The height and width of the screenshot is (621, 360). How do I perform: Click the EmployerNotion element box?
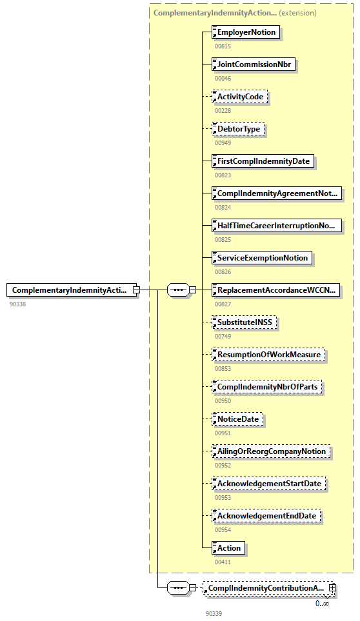246,32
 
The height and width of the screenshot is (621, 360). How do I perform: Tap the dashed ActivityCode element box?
241,97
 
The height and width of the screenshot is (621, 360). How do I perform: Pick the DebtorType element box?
239,129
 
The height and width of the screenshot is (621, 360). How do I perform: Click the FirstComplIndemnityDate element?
263,161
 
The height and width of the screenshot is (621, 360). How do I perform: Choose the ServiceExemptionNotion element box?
263,258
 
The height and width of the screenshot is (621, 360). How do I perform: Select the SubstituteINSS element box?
245,322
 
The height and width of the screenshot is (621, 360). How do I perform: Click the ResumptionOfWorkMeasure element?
268,355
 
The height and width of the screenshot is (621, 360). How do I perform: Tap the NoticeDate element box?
238,419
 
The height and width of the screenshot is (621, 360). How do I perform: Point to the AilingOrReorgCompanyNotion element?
271,451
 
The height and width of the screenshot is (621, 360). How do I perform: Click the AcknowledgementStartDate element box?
269,484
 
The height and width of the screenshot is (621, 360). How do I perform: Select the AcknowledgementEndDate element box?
267,516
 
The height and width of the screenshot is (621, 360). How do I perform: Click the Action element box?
229,548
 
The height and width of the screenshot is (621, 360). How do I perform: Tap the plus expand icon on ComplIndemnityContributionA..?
332,588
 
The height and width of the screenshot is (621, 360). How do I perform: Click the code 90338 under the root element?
18,304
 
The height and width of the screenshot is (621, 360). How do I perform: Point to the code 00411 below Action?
223,562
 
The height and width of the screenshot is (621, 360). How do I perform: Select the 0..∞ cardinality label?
322,603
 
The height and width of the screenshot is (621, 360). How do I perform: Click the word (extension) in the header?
297,12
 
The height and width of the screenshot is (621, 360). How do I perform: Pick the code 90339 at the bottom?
214,613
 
